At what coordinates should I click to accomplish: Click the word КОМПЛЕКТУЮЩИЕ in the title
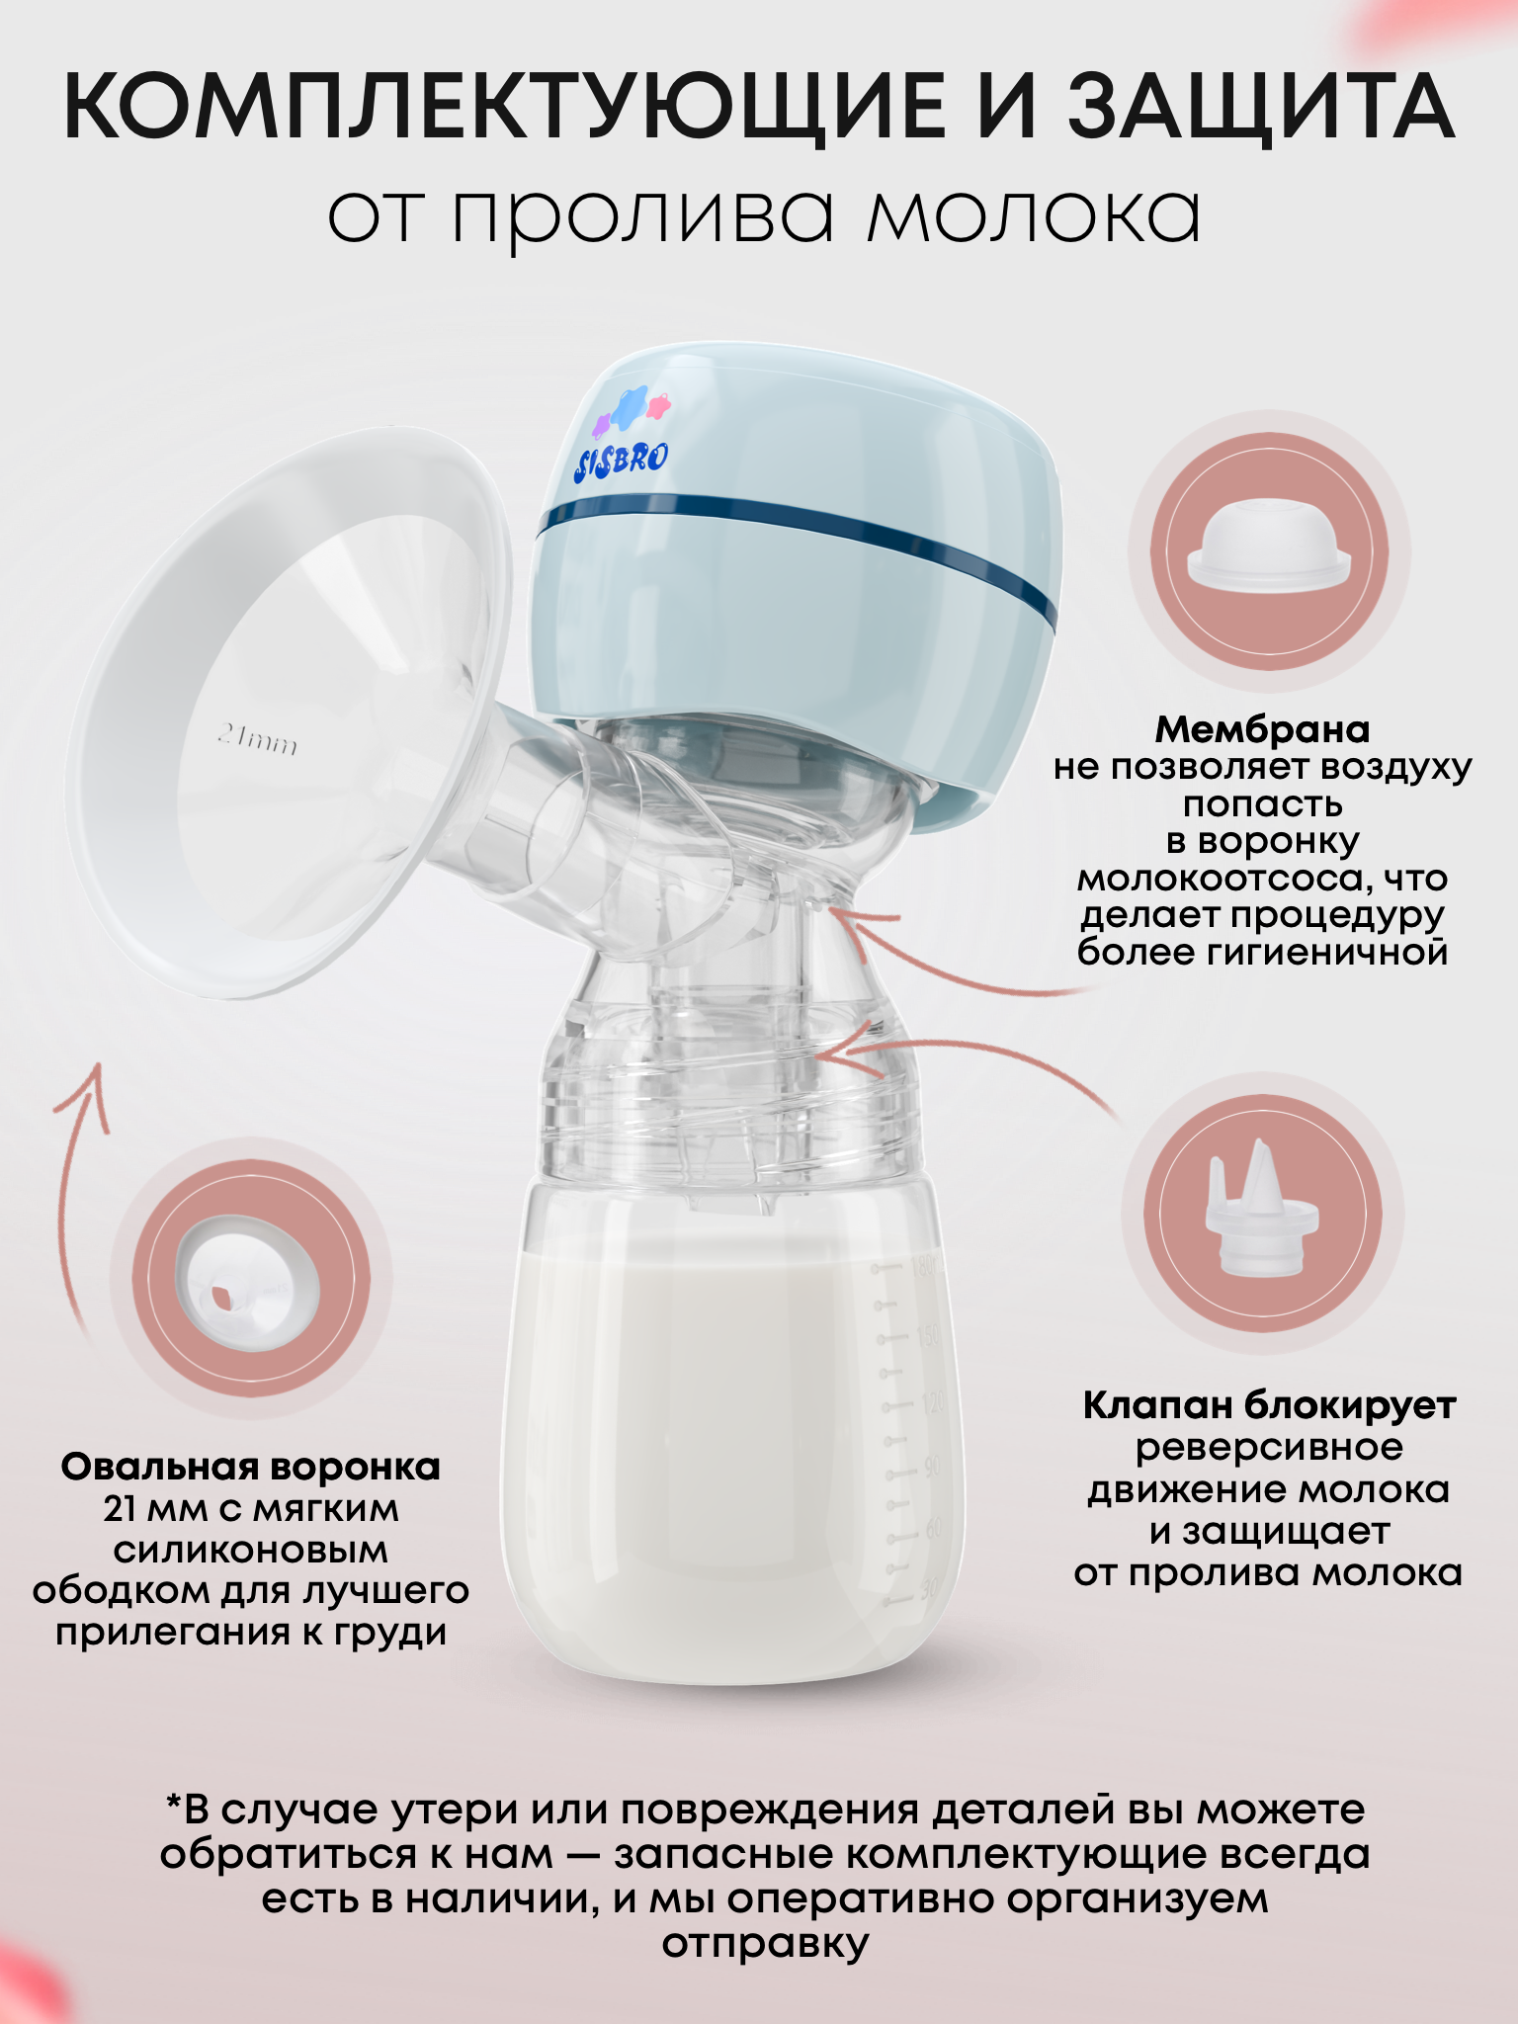(x=504, y=108)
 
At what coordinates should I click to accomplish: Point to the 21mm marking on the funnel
(x=257, y=739)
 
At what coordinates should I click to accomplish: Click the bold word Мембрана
(x=1262, y=730)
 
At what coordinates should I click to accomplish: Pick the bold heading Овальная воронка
(x=251, y=1467)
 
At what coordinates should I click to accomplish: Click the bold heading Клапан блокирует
(x=1269, y=1404)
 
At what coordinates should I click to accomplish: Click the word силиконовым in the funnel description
(x=251, y=1550)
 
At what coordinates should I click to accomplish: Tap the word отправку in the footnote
(x=766, y=1943)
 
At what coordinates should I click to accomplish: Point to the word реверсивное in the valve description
(x=1269, y=1448)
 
